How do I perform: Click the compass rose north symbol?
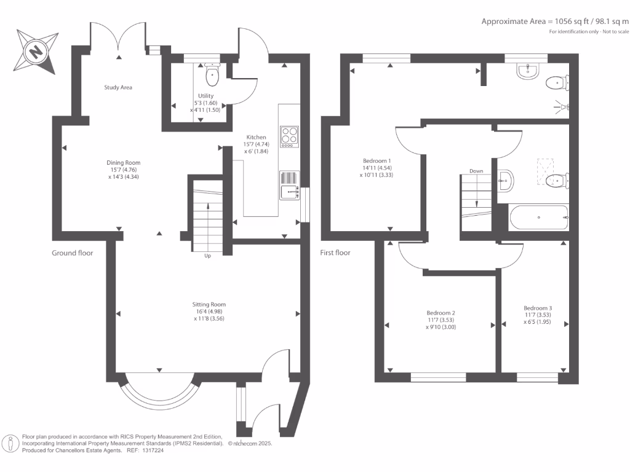pyautogui.click(x=36, y=52)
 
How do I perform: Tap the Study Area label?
pyautogui.click(x=118, y=87)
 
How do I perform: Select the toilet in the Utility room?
pyautogui.click(x=212, y=74)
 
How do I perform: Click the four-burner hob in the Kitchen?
pyautogui.click(x=289, y=136)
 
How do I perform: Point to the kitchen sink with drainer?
pyautogui.click(x=290, y=186)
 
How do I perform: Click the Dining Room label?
pyautogui.click(x=123, y=162)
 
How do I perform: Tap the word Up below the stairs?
pyautogui.click(x=208, y=256)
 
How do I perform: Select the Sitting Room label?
pyautogui.click(x=209, y=304)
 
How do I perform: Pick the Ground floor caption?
pyautogui.click(x=73, y=253)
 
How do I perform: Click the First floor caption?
pyautogui.click(x=335, y=253)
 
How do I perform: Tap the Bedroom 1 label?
pyautogui.click(x=377, y=161)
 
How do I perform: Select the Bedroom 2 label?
pyautogui.click(x=441, y=313)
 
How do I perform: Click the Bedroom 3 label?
pyautogui.click(x=538, y=309)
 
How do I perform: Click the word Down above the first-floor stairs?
pyautogui.click(x=476, y=171)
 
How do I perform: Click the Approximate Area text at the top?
pyautogui.click(x=556, y=22)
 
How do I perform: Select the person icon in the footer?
pyautogui.click(x=11, y=444)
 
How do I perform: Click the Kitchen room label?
pyautogui.click(x=256, y=137)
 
